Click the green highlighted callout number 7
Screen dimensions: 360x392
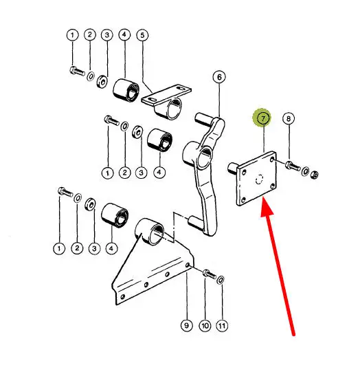click(263, 118)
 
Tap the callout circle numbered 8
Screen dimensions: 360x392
click(289, 118)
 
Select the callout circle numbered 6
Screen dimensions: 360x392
click(219, 77)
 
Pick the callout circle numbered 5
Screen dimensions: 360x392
click(142, 35)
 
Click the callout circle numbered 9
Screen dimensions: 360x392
click(186, 325)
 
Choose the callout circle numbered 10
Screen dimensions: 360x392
click(205, 326)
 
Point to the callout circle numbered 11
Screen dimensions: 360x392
click(222, 326)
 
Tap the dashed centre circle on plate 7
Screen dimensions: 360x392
click(259, 179)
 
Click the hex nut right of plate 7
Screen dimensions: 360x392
click(315, 175)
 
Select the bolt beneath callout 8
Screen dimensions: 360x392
click(293, 166)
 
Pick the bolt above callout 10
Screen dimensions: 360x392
click(210, 274)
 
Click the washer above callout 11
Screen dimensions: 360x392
click(221, 280)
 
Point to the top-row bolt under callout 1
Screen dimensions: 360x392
click(77, 71)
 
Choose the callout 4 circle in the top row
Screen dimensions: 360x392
click(124, 35)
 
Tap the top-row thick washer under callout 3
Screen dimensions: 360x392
click(102, 81)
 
